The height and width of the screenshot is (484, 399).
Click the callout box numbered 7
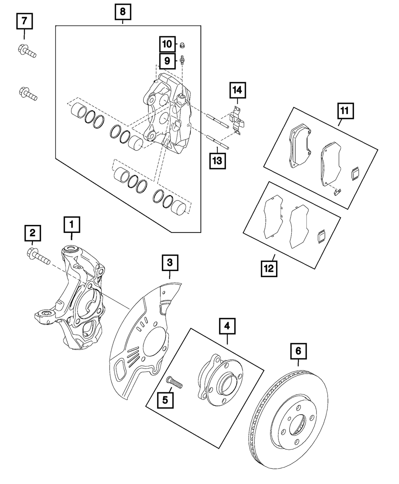(x=24, y=20)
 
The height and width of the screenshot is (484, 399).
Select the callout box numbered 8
(x=122, y=12)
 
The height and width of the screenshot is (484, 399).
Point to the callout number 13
(x=217, y=161)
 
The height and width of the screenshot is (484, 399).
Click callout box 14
(x=237, y=91)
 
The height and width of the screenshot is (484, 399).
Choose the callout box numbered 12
(x=269, y=269)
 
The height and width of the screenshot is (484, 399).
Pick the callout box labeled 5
(x=165, y=399)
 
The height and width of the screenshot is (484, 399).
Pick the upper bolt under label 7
(x=27, y=51)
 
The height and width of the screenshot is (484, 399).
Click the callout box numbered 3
(x=170, y=263)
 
